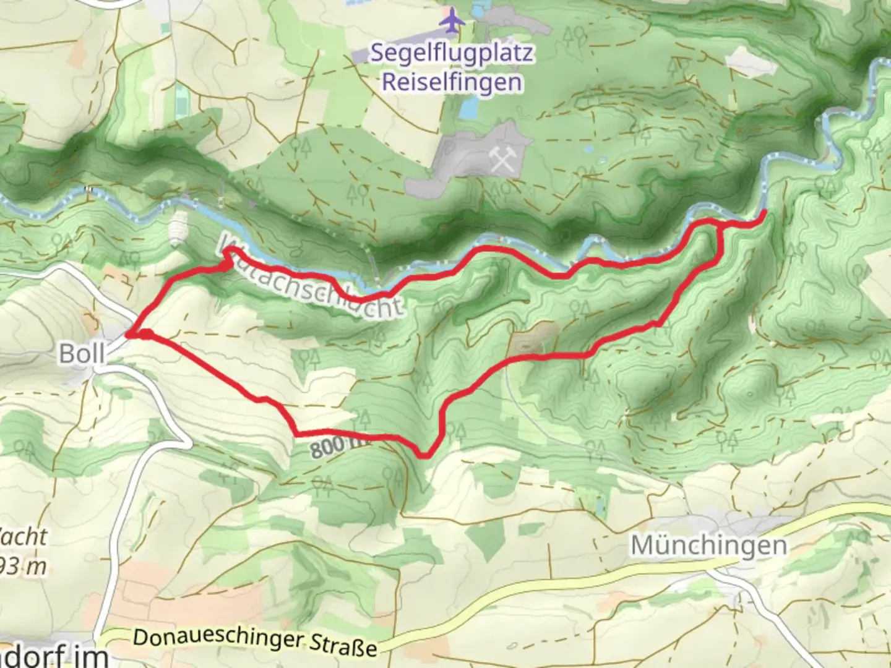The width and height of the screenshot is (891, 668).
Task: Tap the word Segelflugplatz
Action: click(452, 53)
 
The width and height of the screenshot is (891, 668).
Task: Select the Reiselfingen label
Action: click(452, 82)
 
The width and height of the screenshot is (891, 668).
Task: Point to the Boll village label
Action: click(82, 354)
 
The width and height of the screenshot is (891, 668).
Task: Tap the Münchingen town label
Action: click(708, 546)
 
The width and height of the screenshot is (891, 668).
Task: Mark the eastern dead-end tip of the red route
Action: click(764, 213)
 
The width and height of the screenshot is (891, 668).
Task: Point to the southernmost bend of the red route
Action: click(424, 456)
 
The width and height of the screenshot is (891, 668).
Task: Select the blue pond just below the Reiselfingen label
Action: click(469, 109)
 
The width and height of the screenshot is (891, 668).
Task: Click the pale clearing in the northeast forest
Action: click(747, 61)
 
